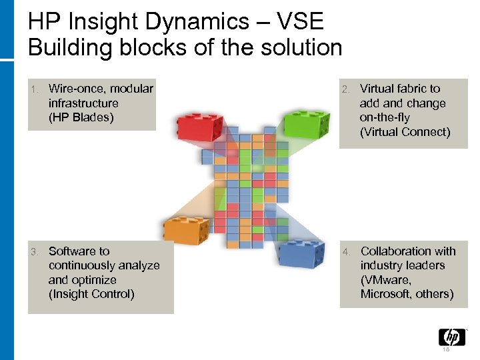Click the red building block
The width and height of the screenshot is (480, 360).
[x=199, y=127]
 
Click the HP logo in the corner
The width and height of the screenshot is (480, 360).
[x=451, y=337]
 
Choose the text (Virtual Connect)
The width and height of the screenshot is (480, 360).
[x=405, y=132]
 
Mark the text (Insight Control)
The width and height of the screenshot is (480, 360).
[x=91, y=294]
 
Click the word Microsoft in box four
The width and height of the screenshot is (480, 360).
[x=387, y=294]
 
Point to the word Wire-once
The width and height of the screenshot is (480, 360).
[x=78, y=89]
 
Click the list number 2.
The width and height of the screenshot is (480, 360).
[x=345, y=89]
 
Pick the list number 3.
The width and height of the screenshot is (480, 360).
[x=35, y=252]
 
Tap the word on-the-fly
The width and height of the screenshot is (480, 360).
[x=385, y=117]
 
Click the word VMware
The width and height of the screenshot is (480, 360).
[x=384, y=280]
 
